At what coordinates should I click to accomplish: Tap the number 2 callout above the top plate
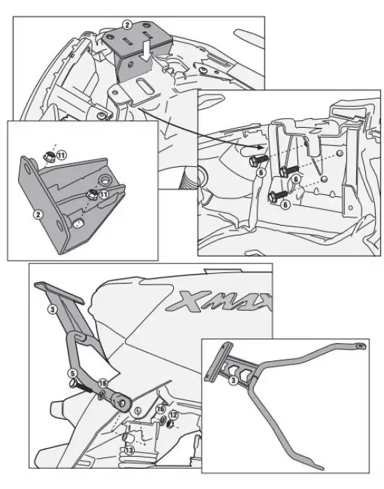(127, 25)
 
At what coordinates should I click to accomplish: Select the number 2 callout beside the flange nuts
(38, 214)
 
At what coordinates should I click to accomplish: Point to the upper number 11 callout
(61, 155)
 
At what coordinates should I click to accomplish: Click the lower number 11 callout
(103, 195)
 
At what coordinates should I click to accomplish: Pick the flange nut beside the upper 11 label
(50, 156)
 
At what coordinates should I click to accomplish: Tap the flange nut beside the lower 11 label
(91, 195)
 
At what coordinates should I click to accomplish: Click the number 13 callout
(129, 450)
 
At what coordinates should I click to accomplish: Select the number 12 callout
(173, 415)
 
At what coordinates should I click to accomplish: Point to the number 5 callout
(73, 373)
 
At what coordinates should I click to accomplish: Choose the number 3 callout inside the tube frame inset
(233, 380)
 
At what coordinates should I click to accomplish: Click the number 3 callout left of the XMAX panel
(52, 309)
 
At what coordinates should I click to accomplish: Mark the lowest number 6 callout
(285, 205)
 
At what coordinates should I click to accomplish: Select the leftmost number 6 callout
(261, 172)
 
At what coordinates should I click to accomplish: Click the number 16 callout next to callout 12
(161, 409)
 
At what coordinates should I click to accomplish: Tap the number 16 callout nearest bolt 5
(103, 384)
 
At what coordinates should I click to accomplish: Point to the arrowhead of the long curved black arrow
(261, 147)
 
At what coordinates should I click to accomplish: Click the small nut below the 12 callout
(170, 424)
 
